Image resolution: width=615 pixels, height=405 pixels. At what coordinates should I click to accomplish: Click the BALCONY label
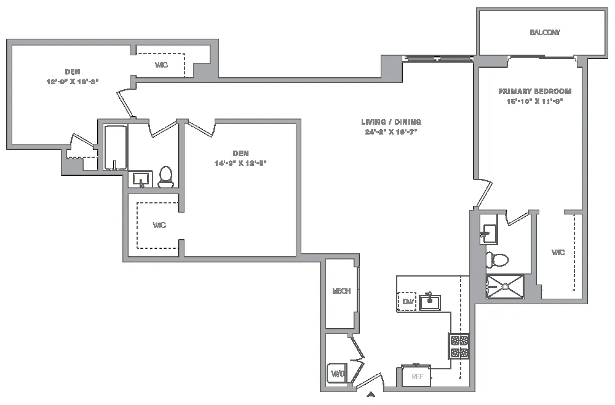coord(545,33)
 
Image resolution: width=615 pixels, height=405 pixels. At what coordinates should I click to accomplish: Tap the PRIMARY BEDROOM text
coord(530,91)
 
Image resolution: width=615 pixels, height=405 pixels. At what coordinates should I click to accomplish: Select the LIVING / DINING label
coord(391,122)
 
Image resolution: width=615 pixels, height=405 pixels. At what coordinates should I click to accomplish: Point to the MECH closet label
coord(341,291)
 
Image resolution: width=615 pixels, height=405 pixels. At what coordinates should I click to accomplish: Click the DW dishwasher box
coord(407,302)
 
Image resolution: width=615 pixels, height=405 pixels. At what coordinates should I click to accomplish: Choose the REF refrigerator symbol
coord(417,376)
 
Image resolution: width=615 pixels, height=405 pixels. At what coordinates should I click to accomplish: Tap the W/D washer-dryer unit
coord(337,373)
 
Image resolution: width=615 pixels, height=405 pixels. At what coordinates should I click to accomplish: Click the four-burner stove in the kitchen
coord(459,346)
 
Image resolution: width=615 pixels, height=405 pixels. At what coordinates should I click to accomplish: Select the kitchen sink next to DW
coord(429,302)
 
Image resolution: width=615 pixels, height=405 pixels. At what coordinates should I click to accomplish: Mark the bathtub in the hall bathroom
coord(115,147)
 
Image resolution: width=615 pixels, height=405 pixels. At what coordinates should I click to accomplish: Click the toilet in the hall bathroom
coord(165,176)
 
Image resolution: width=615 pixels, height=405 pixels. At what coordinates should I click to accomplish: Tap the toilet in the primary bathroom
coord(497,260)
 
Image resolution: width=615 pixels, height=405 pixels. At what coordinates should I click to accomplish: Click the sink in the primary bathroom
coord(488,233)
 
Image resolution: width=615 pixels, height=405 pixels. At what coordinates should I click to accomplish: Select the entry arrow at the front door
coord(371,395)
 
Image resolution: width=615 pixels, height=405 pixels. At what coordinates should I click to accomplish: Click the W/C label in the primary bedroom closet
coord(558,253)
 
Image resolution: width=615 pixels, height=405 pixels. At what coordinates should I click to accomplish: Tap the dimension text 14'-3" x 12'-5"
coord(240,163)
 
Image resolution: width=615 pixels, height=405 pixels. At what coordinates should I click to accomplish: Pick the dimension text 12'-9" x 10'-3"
coord(73,81)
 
